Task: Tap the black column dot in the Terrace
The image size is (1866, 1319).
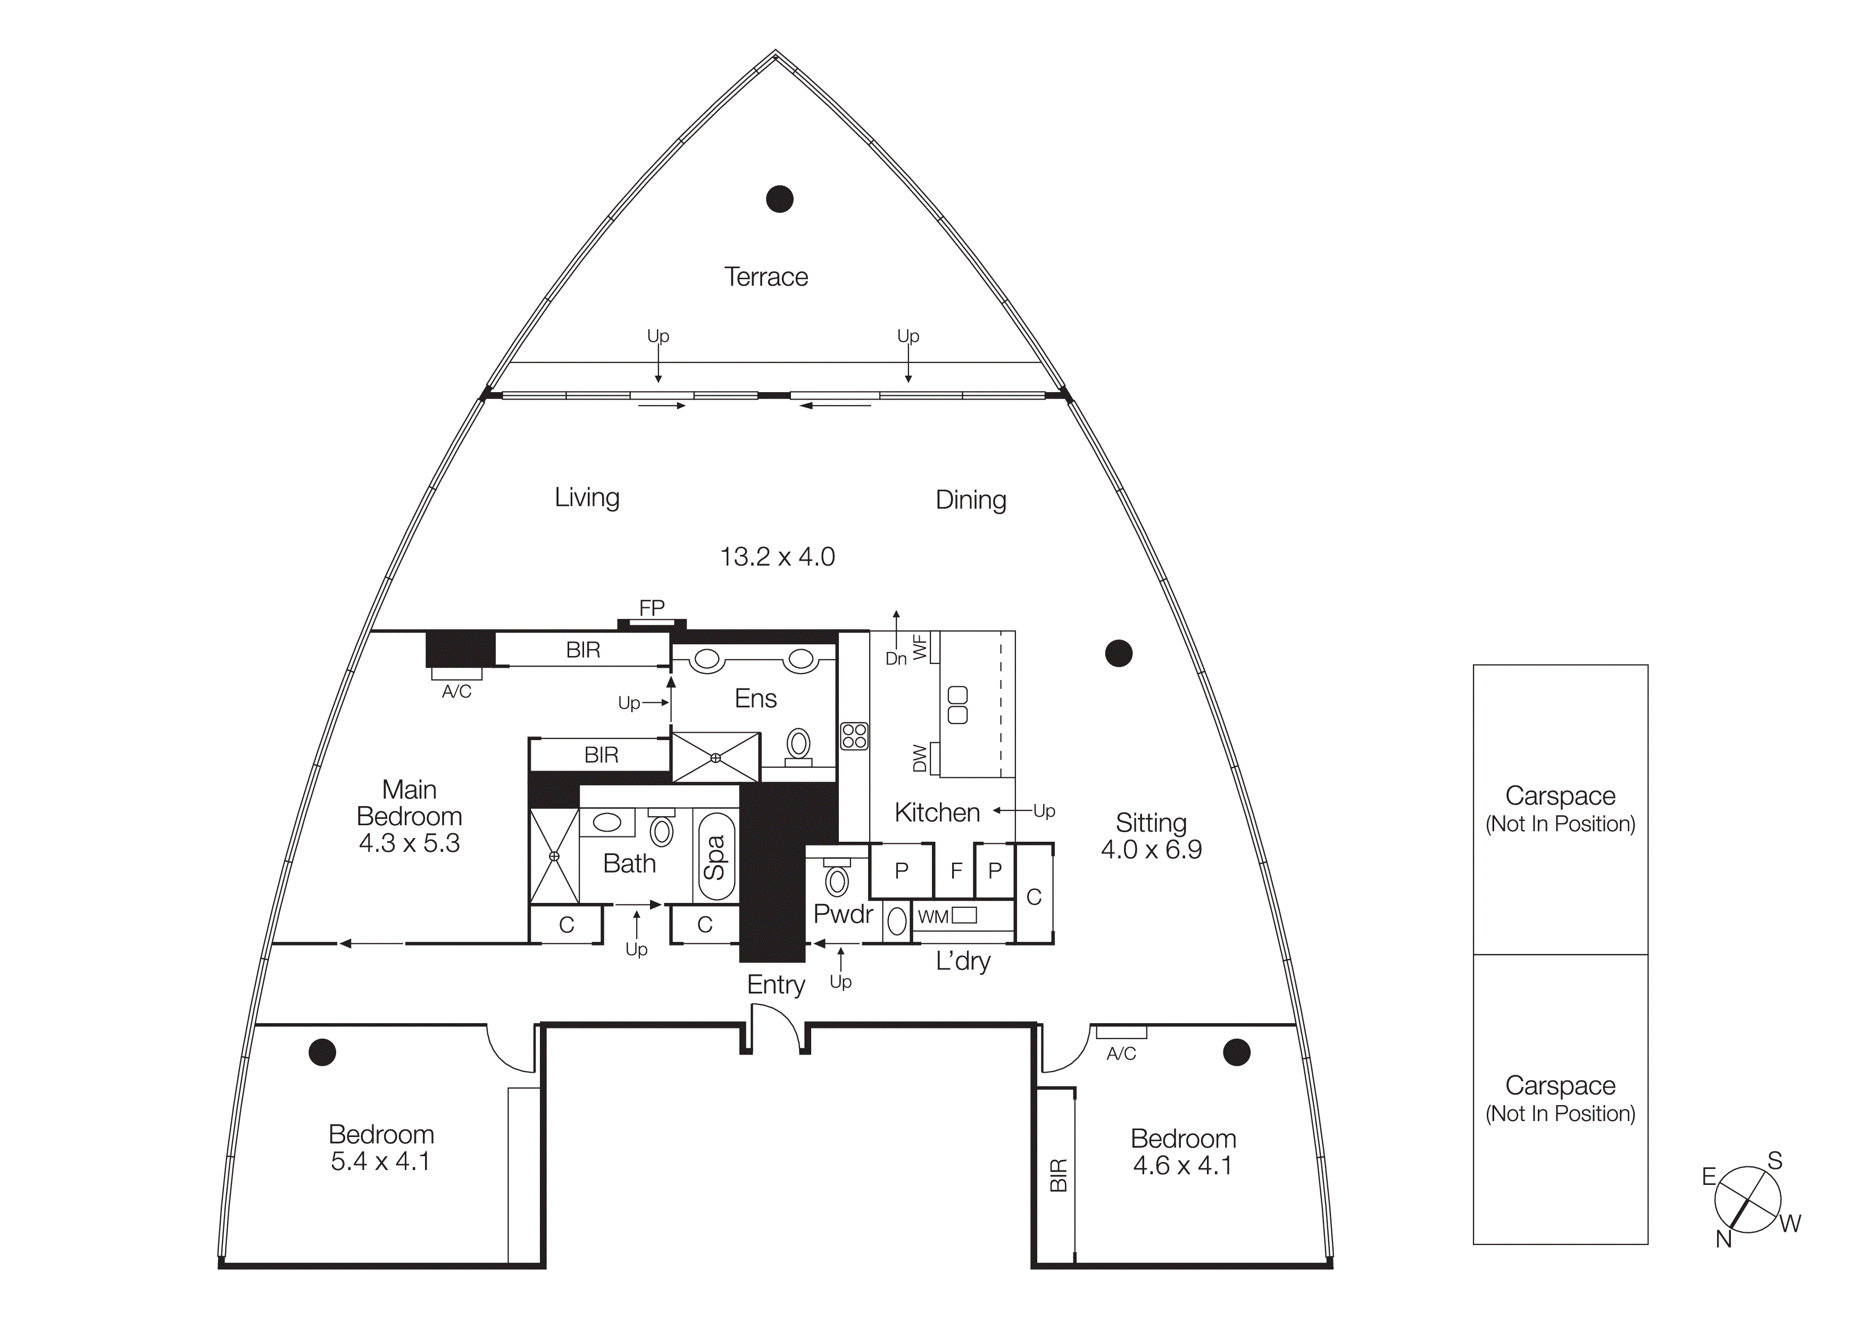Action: pyautogui.click(x=779, y=198)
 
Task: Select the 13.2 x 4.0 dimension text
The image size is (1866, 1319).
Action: pyautogui.click(x=777, y=557)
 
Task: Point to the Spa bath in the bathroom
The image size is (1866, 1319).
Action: pyautogui.click(x=716, y=857)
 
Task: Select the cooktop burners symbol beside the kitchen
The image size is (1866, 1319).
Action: pyautogui.click(x=854, y=735)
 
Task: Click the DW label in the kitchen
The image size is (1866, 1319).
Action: pyautogui.click(x=919, y=758)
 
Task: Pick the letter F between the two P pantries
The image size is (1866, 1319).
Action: pyautogui.click(x=956, y=871)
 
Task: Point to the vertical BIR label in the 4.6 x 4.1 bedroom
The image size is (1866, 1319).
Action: pyautogui.click(x=1058, y=1175)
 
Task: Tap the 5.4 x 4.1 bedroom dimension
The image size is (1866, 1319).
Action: pyautogui.click(x=380, y=1162)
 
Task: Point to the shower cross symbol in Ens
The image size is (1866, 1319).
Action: pyautogui.click(x=715, y=758)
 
